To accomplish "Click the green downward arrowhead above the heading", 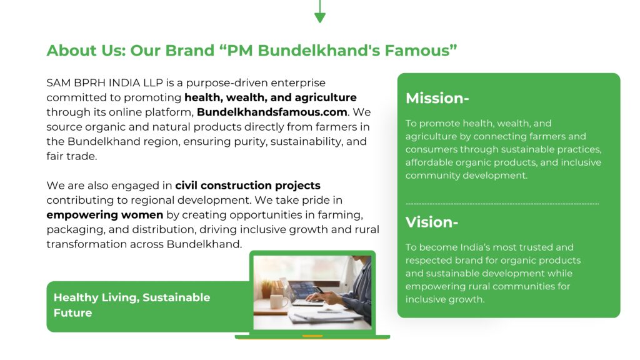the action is pyautogui.click(x=320, y=17).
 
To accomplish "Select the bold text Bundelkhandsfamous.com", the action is pyautogui.click(x=272, y=112).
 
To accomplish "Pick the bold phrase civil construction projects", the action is pyautogui.click(x=247, y=186).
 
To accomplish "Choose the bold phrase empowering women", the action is pyautogui.click(x=105, y=215).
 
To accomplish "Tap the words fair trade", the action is pyautogui.click(x=71, y=156).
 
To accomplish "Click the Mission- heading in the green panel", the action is pyautogui.click(x=437, y=98).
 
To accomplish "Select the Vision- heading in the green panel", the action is pyautogui.click(x=431, y=222).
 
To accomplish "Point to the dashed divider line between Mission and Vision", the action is pyautogui.click(x=502, y=203).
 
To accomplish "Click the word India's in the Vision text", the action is pyautogui.click(x=476, y=247).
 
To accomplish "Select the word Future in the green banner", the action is pyautogui.click(x=72, y=313).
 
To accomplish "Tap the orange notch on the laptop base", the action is pyautogui.click(x=312, y=336).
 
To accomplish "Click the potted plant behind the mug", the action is pyautogui.click(x=267, y=289).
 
